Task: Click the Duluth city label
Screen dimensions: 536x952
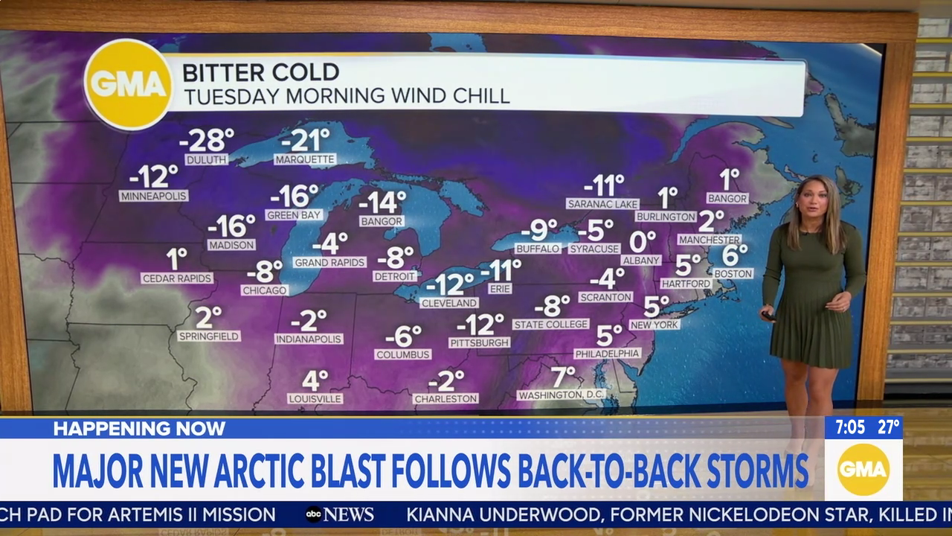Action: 206,159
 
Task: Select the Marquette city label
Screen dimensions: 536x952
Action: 305,159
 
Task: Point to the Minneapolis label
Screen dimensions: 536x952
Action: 153,196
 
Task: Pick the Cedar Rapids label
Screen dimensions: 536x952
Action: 177,278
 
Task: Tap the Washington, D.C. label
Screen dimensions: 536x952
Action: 562,395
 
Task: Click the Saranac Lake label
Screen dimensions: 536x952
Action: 602,204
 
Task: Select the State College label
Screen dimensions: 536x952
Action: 550,325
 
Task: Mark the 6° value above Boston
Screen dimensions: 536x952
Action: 734,255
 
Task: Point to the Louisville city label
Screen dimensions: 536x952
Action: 315,399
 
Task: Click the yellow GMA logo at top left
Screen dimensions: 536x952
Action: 129,84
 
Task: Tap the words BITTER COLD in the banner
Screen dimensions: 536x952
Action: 260,72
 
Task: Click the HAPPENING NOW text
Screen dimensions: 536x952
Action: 139,429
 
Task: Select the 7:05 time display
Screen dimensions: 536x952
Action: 849,427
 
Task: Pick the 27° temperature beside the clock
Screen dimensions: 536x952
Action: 888,427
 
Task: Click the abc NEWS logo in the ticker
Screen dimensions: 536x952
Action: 339,514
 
